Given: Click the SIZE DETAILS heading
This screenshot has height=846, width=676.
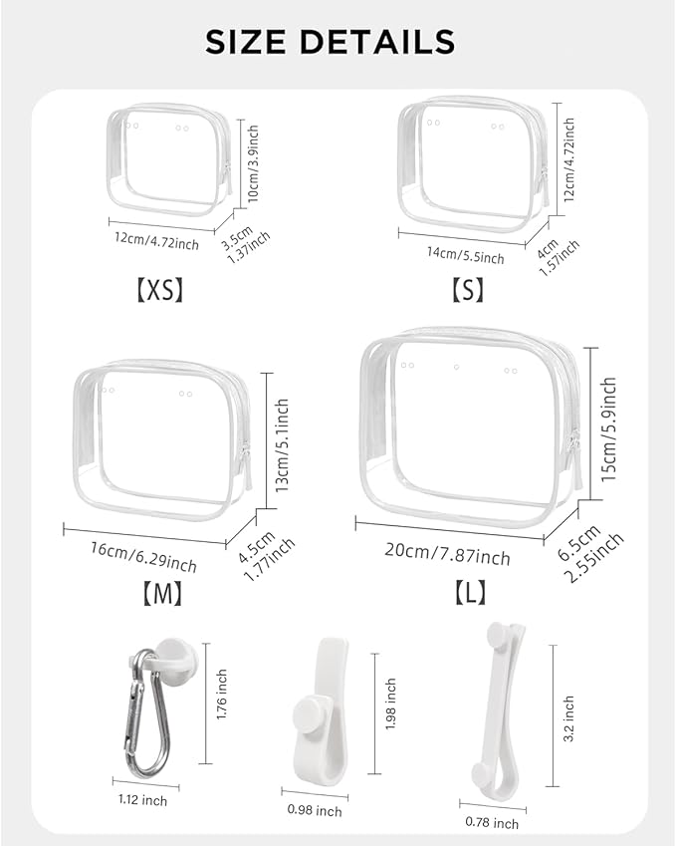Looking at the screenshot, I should click(x=330, y=42).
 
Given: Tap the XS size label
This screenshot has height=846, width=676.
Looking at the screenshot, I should click(x=159, y=290).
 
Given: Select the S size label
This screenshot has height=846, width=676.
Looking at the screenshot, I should click(x=467, y=290).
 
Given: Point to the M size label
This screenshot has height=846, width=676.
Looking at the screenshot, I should click(x=159, y=594).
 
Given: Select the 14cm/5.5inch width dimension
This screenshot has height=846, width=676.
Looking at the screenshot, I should click(x=465, y=254).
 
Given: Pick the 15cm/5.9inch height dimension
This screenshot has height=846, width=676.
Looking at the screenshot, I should click(x=609, y=428).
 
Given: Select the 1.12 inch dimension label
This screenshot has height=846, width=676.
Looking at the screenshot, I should click(x=140, y=800).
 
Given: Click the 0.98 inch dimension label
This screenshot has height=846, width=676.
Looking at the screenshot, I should click(x=315, y=811).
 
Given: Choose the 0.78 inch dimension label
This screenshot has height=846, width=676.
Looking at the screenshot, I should click(x=492, y=823).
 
